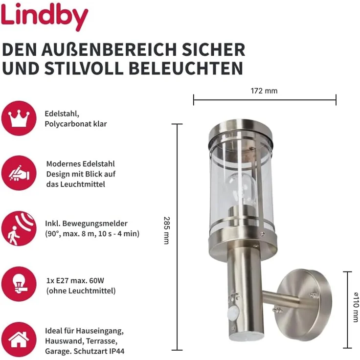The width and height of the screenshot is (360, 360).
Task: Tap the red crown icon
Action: pyautogui.click(x=19, y=118)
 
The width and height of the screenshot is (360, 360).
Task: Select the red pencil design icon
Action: pyautogui.click(x=19, y=173)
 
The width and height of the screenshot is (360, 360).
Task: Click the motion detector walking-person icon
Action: pyautogui.click(x=19, y=228)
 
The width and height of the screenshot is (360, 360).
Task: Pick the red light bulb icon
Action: pyautogui.click(x=19, y=284)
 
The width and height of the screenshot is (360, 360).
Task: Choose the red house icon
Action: pyautogui.click(x=19, y=338)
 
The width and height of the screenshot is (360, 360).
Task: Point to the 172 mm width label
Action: pyautogui.click(x=264, y=91)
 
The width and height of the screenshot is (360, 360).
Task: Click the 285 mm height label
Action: pyautogui.click(x=166, y=231)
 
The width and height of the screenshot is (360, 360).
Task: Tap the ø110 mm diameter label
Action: pyautogui.click(x=356, y=304)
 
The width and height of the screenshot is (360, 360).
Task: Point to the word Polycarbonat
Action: pyautogui.click(x=67, y=124)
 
